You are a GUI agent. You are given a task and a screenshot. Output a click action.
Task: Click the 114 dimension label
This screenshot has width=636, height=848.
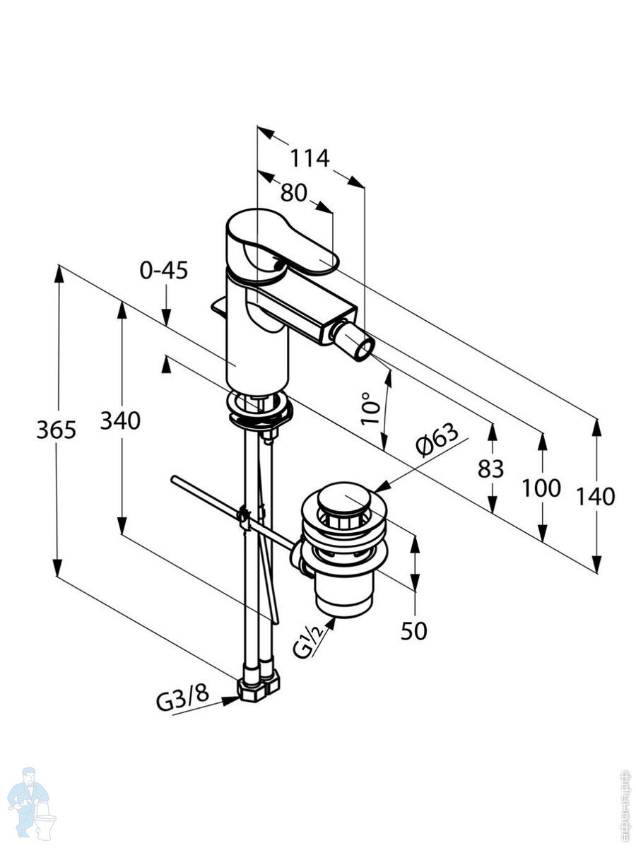(310, 158)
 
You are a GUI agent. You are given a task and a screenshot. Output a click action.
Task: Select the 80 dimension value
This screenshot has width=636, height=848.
(293, 192)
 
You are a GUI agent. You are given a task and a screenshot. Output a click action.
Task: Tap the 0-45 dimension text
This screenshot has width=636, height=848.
(164, 270)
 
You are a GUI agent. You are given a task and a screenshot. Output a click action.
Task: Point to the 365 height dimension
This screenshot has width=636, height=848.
(56, 429)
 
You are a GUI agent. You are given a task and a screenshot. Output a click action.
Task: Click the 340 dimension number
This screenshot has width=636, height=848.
(120, 421)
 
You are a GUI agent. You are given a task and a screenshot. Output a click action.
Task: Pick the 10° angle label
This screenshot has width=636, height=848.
(370, 408)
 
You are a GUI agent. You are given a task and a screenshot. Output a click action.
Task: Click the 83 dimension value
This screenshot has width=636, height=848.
(490, 468)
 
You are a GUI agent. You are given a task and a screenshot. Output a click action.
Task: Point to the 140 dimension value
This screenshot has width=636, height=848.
(596, 496)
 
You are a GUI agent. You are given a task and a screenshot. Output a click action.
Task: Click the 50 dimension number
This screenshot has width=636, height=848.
(413, 631)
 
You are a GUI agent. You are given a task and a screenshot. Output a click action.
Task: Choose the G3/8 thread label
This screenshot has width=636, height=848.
(182, 700)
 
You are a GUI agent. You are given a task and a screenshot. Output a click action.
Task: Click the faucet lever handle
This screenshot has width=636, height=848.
(279, 244)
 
